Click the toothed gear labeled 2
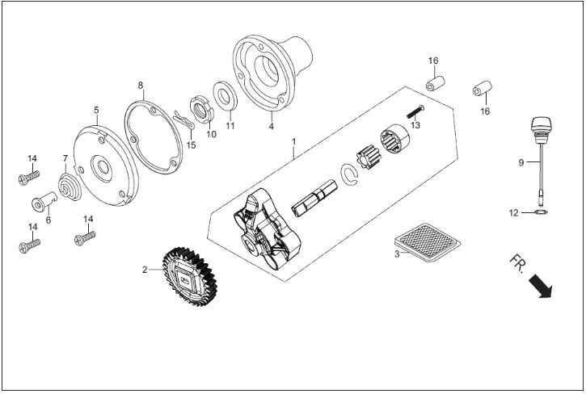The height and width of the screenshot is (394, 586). tap(189, 277)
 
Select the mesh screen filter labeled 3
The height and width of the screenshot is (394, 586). tap(428, 241)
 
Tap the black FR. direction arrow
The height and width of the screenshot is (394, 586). tap(541, 286)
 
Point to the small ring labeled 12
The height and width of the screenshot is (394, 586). tap(541, 212)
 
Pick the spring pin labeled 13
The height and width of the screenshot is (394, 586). tap(415, 111)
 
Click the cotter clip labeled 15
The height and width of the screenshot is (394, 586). tap(183, 119)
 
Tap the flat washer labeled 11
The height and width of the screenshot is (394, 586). tap(226, 95)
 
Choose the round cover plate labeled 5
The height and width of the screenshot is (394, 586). tap(106, 166)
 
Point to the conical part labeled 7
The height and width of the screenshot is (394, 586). tap(70, 187)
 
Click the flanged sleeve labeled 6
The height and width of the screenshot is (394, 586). tap(44, 201)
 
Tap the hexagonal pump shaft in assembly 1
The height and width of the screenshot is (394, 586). tap(314, 198)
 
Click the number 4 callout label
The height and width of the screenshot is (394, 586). tap(272, 126)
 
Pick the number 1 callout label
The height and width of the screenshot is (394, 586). tap(294, 141)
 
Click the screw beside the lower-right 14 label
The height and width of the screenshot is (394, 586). tap(85, 238)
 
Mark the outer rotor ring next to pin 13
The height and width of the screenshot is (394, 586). tap(395, 140)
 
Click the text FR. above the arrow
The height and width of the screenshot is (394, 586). tap(518, 264)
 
